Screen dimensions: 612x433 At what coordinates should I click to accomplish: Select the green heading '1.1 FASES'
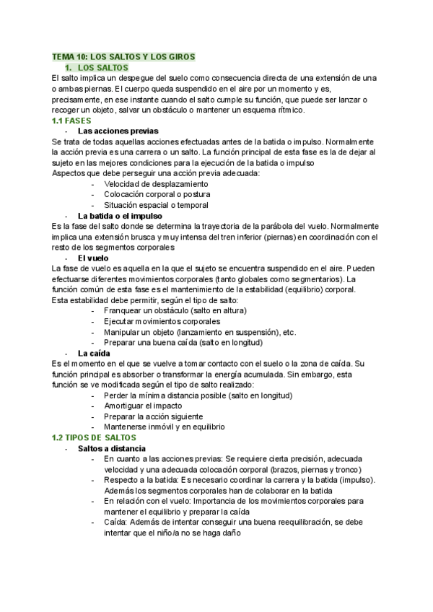pos(72,121)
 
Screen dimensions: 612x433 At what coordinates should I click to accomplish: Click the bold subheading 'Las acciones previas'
pos(118,132)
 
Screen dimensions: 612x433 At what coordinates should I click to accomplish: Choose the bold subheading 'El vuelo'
pos(94,258)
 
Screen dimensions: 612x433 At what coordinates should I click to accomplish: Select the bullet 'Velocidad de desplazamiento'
pos(156,184)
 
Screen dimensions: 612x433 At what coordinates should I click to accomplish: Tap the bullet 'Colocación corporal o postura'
pos(157,195)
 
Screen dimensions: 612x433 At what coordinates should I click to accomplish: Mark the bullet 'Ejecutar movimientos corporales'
pos(162,321)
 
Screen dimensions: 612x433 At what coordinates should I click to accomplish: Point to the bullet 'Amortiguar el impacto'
pos(144,406)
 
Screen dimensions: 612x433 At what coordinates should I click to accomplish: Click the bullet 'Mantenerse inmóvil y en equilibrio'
pos(165,427)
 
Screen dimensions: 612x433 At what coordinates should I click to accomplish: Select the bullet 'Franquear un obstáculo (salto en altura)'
pos(175,310)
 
